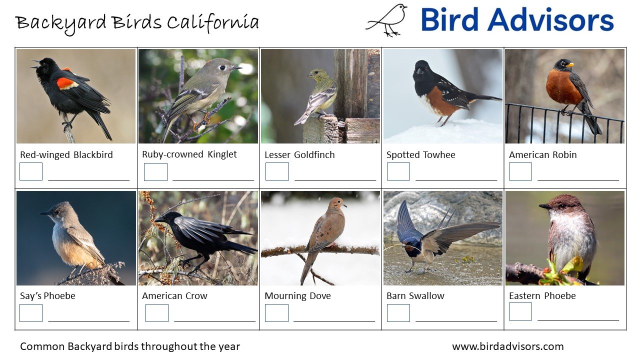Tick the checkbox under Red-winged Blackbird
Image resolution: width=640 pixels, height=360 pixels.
click(31, 171)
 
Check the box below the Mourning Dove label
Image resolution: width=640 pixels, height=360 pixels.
click(276, 313)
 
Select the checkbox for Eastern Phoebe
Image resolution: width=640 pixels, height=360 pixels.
click(520, 311)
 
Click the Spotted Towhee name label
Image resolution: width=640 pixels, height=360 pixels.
click(420, 155)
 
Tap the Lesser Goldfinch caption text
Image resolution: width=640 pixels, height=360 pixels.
click(299, 155)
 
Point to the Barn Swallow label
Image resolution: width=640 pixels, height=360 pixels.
click(415, 296)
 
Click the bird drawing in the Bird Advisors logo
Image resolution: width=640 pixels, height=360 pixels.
click(388, 20)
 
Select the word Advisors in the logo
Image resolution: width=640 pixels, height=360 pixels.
click(550, 20)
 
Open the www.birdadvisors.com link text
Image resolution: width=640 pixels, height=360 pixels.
click(507, 346)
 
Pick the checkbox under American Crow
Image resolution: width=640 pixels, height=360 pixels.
click(157, 313)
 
